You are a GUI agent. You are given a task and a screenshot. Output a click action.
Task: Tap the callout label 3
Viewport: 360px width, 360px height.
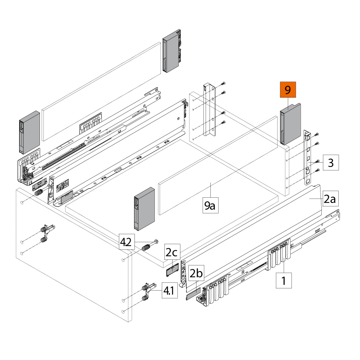[330, 163]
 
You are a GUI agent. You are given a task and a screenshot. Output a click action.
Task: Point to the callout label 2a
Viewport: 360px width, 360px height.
[330, 199]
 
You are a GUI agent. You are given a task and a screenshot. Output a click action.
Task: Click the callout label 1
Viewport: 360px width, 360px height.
[284, 280]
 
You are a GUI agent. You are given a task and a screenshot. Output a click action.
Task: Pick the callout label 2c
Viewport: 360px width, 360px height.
[171, 252]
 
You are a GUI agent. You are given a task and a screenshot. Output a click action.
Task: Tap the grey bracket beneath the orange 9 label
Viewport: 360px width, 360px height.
[290, 124]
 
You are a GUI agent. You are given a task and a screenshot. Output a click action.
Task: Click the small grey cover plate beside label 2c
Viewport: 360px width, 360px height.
[174, 270]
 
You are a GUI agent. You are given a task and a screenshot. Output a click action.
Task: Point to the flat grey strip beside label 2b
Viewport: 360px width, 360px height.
[192, 296]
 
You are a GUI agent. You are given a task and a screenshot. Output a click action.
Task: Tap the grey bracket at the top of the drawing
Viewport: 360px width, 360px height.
[172, 50]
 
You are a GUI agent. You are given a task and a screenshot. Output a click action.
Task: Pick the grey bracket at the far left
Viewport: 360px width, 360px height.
[29, 133]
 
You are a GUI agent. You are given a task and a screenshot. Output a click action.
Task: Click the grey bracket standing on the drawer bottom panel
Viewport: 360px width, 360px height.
[144, 209]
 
